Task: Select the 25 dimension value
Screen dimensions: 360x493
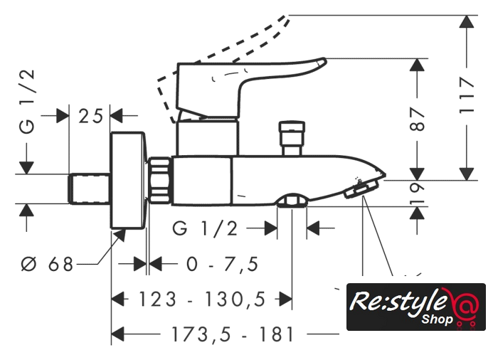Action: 91,114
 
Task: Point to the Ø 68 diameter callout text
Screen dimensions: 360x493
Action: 48,264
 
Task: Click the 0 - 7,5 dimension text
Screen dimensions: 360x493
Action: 222,264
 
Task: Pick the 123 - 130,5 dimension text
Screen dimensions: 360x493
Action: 203,299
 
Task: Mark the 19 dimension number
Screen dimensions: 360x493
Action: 418,192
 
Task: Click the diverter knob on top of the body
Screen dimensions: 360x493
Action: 292,137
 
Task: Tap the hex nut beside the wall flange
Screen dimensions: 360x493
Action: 161,181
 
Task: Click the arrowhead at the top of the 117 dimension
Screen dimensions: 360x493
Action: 467,22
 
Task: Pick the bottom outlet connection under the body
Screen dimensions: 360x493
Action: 292,203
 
